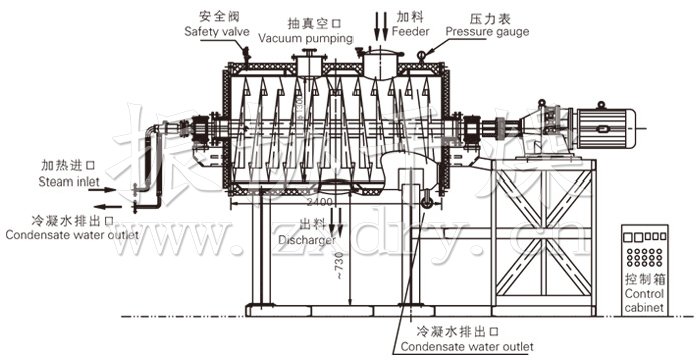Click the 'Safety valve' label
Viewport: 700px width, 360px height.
click(216, 32)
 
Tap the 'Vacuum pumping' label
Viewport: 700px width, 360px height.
click(306, 38)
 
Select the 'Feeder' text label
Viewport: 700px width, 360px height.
click(411, 32)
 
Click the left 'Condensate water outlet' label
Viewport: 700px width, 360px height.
click(61, 236)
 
